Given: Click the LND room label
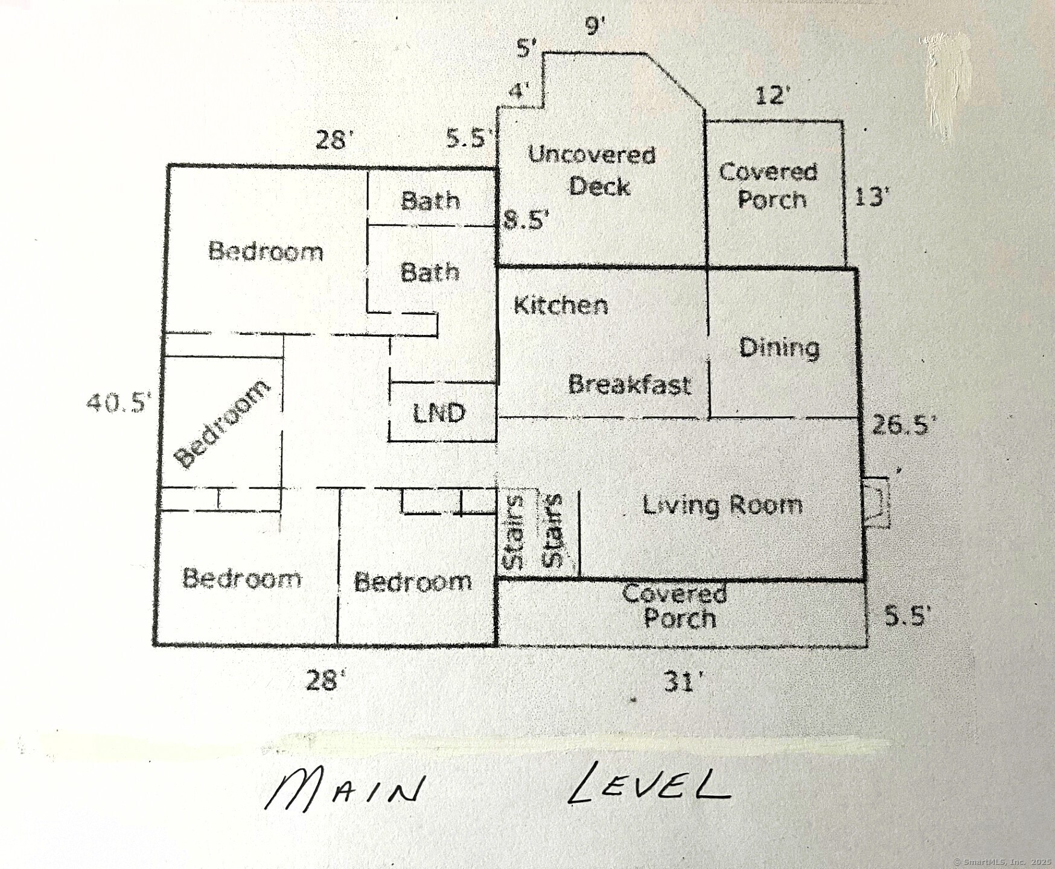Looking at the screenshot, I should tap(439, 413).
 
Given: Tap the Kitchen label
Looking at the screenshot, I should tap(560, 305).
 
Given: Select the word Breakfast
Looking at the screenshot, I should tap(629, 384).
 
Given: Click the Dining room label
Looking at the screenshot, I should tap(779, 348).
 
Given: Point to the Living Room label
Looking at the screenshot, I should tap(722, 505).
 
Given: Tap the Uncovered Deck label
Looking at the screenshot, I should tap(593, 171).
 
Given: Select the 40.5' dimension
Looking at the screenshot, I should tap(116, 403).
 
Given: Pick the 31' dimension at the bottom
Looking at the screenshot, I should tap(683, 683).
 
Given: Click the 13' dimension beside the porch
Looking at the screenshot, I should tap(872, 197).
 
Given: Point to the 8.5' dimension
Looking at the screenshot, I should tap(526, 220).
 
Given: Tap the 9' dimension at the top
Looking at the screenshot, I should tap(594, 27).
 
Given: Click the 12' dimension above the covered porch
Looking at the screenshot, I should tap(773, 95).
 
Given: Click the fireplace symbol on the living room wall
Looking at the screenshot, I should tap(876, 502).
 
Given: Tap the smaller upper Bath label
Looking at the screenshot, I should tap(430, 200).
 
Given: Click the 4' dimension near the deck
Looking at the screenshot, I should tap(518, 91).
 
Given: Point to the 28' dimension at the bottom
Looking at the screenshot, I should tap(326, 681).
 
